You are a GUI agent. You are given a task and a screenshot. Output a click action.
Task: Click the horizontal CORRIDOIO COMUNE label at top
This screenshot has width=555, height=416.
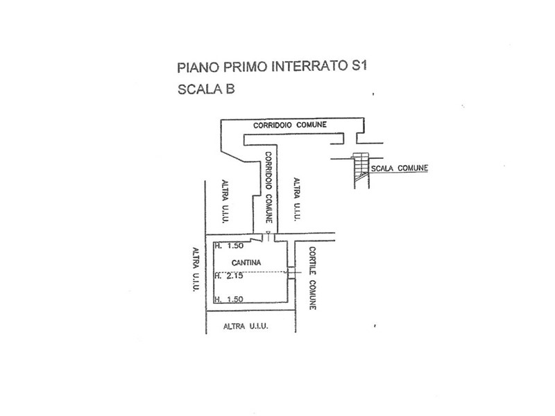coord(290,125)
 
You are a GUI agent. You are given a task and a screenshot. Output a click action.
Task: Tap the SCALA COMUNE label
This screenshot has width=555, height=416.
coord(399,168)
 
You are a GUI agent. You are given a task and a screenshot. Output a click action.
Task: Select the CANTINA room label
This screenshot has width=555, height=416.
coord(247,263)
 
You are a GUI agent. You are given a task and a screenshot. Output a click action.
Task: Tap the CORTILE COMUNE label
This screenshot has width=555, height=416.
coord(313,277)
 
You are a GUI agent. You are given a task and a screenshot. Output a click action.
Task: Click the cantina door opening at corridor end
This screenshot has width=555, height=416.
coord(264,238)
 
